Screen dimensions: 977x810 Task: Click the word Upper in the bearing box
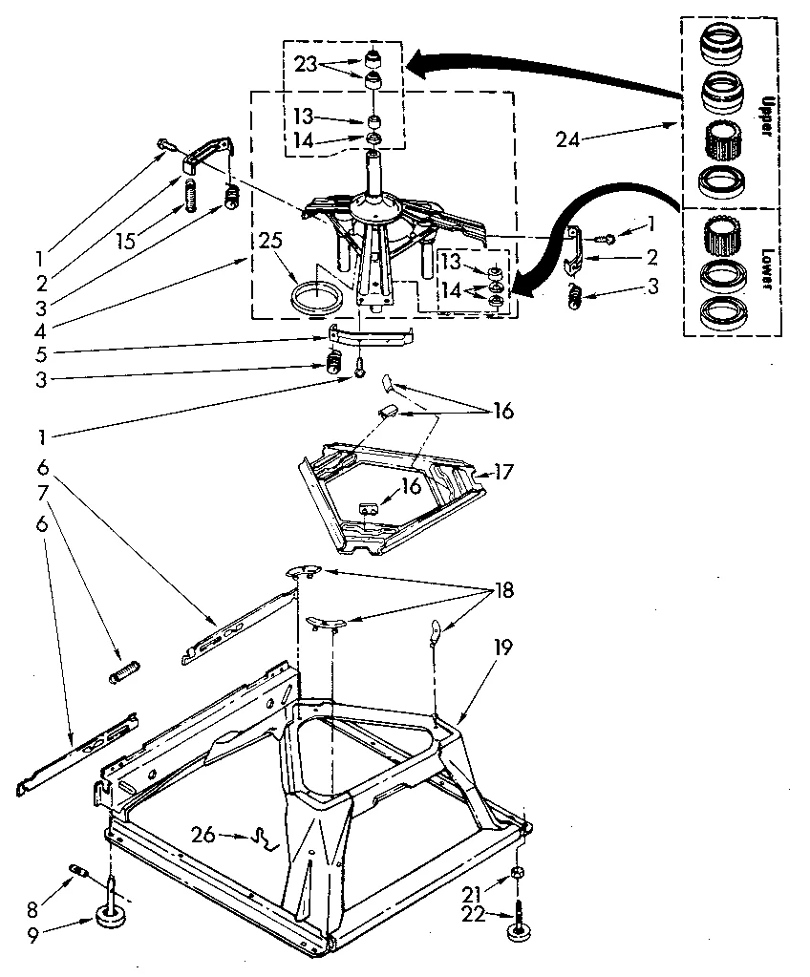tap(766, 114)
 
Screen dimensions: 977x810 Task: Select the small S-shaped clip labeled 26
tap(262, 839)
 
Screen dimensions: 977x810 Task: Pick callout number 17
tap(504, 472)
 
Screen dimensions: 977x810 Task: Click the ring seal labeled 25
tap(315, 297)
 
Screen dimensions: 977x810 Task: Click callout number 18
tap(504, 590)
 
